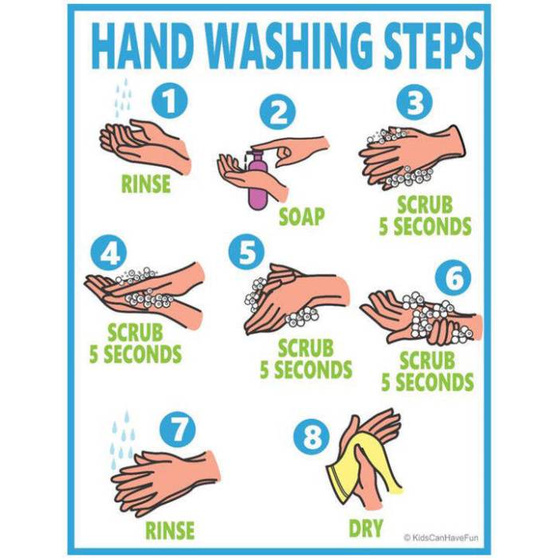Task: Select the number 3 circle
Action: [415, 102]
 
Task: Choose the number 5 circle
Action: [246, 253]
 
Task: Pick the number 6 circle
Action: [453, 277]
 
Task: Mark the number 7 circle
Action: [177, 430]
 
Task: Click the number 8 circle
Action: [312, 438]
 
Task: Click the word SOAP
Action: [301, 216]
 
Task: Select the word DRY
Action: [366, 528]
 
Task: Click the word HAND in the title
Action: [148, 47]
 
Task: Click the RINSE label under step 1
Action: [146, 184]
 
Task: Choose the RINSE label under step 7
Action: [170, 530]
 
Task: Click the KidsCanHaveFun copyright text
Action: [443, 538]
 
